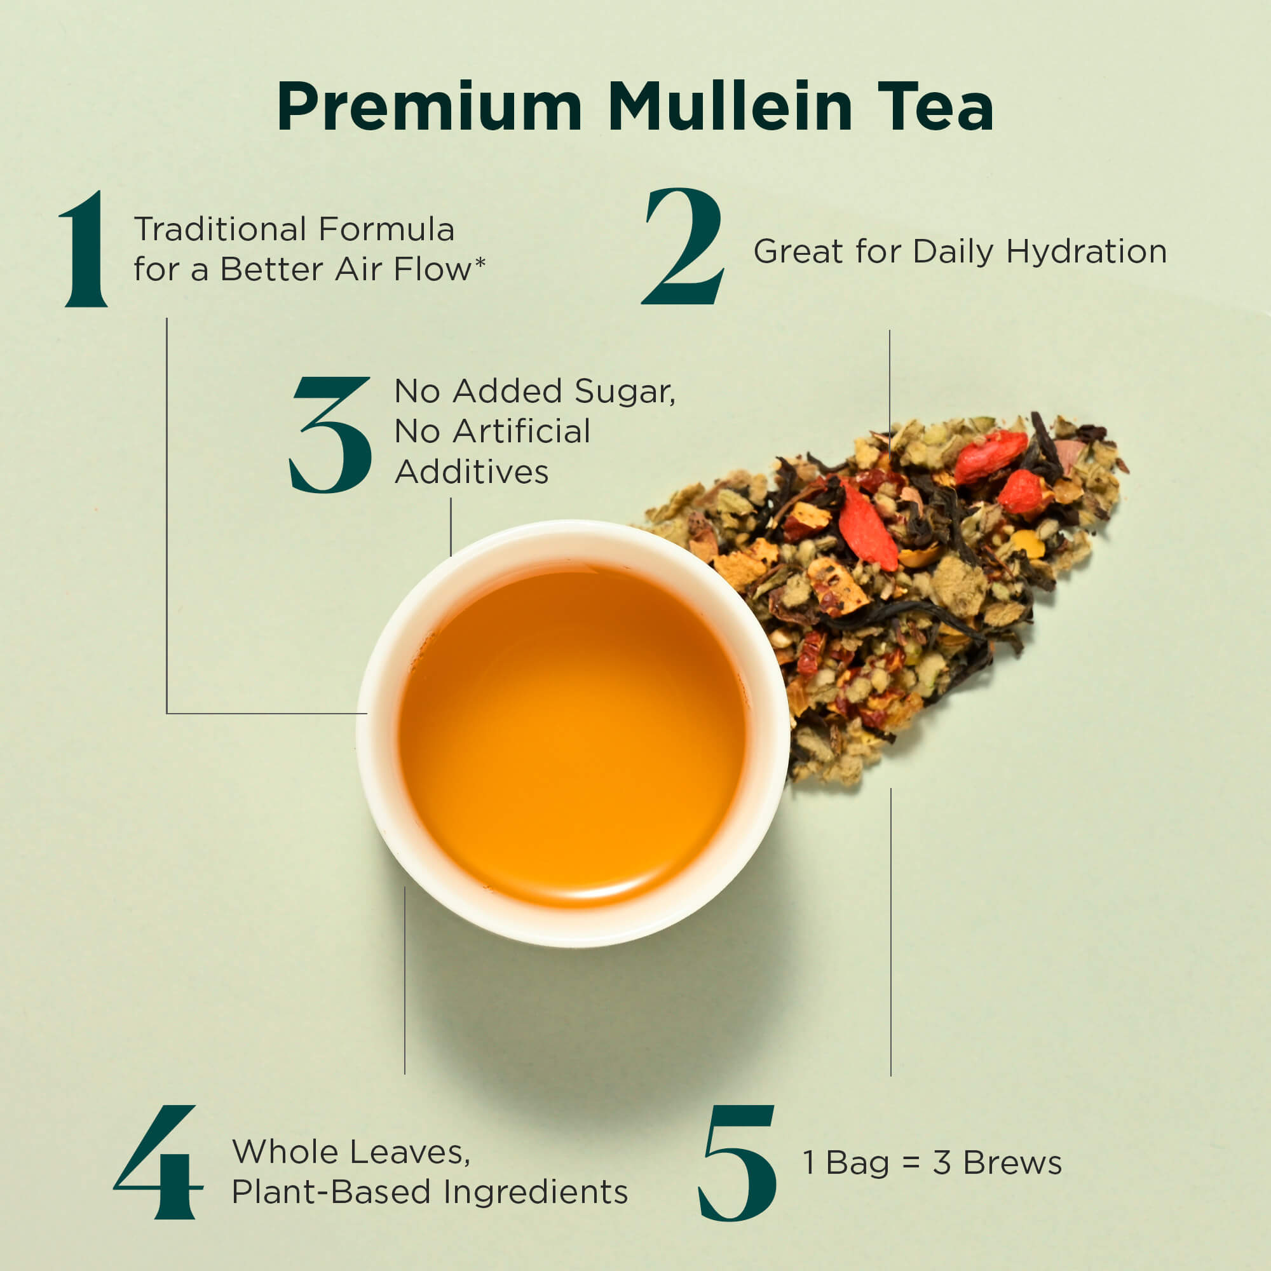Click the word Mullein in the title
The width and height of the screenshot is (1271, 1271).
coord(730,106)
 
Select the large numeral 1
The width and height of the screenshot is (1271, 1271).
coord(85,248)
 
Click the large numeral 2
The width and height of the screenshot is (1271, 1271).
coord(683,246)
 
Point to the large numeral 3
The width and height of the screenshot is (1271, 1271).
coord(330,434)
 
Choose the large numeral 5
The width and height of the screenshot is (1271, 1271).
coord(737,1163)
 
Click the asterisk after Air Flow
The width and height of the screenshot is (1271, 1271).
coord(480,264)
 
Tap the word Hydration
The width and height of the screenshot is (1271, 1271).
coord(1086,252)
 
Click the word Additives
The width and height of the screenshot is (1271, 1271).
coord(472,472)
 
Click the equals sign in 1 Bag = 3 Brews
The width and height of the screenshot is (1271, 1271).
coord(911,1163)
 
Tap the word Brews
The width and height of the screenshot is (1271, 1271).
coord(1012,1162)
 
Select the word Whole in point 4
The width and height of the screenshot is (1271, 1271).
coord(285,1152)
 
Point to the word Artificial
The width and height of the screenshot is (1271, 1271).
coord(520,432)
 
